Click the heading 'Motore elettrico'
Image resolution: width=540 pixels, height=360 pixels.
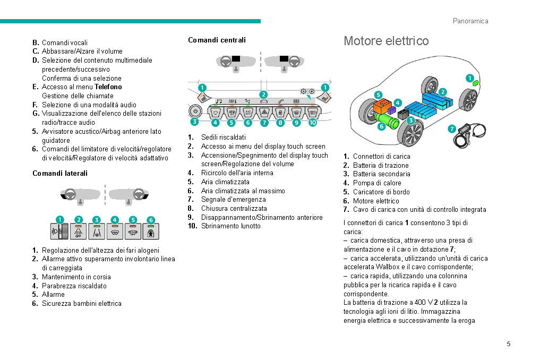pyautogui.click(x=386, y=41)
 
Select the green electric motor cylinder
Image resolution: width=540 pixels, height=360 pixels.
pyautogui.click(x=391, y=122)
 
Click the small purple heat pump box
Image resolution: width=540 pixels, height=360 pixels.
pyautogui.click(x=392, y=110)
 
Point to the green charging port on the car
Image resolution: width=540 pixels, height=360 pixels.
pyautogui.click(x=475, y=83)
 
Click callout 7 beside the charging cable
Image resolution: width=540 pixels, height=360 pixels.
pyautogui.click(x=451, y=128)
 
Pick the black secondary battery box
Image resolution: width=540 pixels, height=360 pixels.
pyautogui.click(x=403, y=114)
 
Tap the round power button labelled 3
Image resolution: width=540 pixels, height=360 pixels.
pyautogui.click(x=195, y=112)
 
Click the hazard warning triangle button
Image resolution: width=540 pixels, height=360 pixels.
pyautogui.click(x=264, y=112)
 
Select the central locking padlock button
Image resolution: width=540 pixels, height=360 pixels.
pyautogui.click(x=280, y=112)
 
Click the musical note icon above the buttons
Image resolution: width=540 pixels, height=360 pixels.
pyautogui.click(x=218, y=101)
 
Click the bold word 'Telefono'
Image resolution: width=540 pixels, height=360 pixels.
pyautogui.click(x=108, y=87)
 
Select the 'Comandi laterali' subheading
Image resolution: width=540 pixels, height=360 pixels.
pyautogui.click(x=60, y=173)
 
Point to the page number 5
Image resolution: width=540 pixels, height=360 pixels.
pyautogui.click(x=508, y=344)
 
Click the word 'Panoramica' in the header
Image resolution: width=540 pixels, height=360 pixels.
pyautogui.click(x=470, y=21)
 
